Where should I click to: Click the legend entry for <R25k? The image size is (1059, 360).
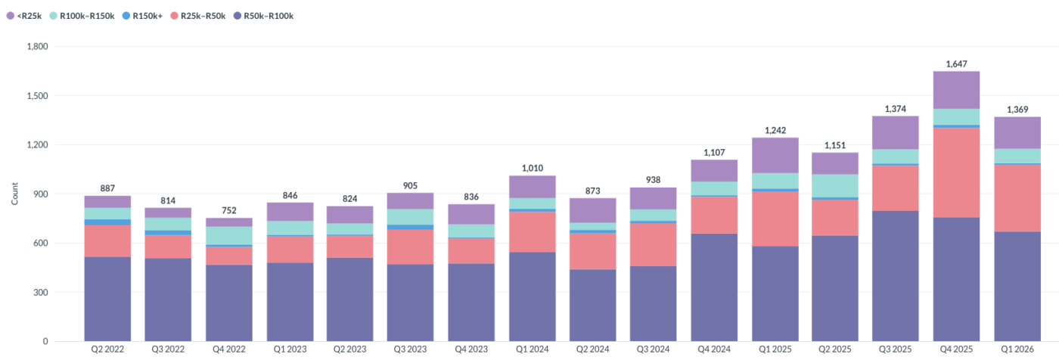24,16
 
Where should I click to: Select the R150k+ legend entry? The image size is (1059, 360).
142,16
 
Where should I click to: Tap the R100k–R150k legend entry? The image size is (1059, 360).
82,16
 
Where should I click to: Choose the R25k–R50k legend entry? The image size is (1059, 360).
197,16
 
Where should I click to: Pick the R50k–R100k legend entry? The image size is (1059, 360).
263,16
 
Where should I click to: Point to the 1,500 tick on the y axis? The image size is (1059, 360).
37,96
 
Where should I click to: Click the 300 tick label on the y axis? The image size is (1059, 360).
41,293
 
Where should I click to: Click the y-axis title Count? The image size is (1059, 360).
14,194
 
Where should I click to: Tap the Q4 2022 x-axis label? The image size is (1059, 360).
228,349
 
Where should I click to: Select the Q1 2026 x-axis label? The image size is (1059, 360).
1017,349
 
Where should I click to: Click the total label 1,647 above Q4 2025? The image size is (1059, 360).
956,64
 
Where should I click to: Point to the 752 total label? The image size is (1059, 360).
228,210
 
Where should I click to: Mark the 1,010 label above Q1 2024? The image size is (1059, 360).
533,168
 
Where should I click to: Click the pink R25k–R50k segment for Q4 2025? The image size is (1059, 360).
956,172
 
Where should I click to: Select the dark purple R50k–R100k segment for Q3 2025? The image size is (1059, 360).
896,276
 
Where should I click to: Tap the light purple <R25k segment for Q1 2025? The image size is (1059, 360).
775,156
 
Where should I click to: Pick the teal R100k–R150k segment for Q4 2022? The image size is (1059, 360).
228,236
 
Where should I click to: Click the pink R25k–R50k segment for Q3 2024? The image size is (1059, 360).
653,245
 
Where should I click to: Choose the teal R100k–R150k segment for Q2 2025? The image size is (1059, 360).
835,185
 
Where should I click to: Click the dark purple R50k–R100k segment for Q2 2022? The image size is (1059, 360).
107,299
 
